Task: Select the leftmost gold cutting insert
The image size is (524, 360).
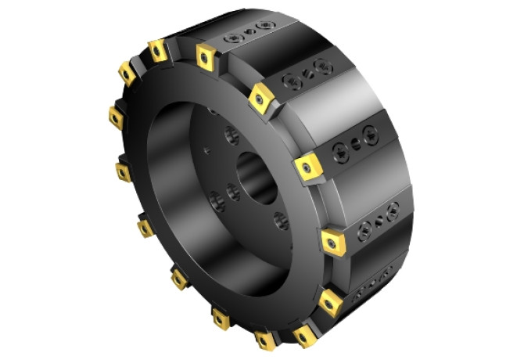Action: point(116,118)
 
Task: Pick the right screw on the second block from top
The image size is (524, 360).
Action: point(320,67)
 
